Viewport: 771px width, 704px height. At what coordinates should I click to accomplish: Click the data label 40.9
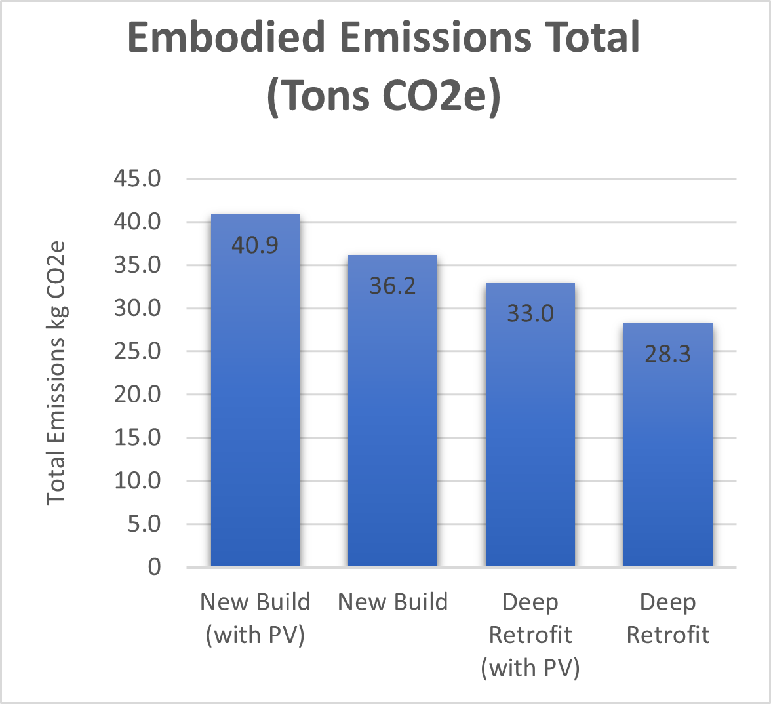pyautogui.click(x=255, y=245)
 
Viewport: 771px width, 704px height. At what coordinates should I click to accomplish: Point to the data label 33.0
pyautogui.click(x=530, y=313)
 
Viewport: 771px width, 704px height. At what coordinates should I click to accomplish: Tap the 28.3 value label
pyautogui.click(x=668, y=354)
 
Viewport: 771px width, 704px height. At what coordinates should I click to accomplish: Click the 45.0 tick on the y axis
pyautogui.click(x=138, y=179)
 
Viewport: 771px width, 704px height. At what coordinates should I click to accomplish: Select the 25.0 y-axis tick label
pyautogui.click(x=138, y=351)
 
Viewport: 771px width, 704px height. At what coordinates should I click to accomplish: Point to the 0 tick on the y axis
pyautogui.click(x=154, y=567)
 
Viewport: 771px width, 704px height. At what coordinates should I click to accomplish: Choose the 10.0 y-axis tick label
pyautogui.click(x=138, y=480)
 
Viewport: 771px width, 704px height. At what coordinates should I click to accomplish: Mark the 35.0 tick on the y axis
pyautogui.click(x=138, y=265)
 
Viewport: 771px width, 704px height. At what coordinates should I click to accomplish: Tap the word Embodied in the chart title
pyautogui.click(x=222, y=38)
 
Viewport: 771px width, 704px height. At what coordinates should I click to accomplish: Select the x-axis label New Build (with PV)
pyautogui.click(x=255, y=618)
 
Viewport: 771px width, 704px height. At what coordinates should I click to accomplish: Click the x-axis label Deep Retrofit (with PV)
pyautogui.click(x=530, y=635)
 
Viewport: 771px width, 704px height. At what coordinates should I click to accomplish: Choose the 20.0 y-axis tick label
pyautogui.click(x=138, y=395)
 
